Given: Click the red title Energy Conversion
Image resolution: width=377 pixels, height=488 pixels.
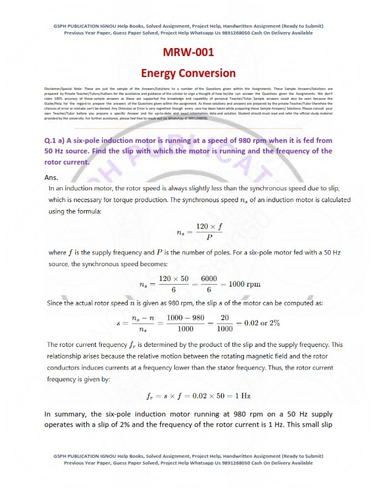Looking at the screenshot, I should pyautogui.click(x=188, y=73).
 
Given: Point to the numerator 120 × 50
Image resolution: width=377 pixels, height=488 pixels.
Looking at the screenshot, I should pyautogui.click(x=173, y=279).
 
